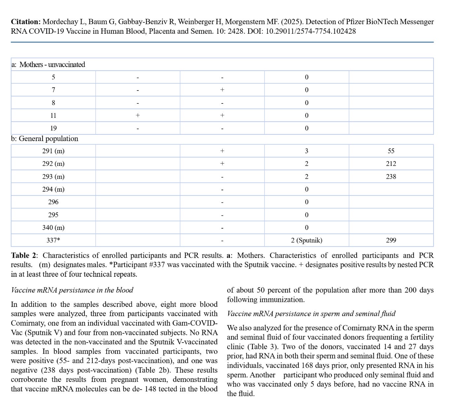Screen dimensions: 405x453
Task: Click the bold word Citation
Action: tap(25, 22)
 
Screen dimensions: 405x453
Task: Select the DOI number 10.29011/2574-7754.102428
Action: tap(310, 31)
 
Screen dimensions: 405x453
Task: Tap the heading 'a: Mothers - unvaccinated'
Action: tap(48, 64)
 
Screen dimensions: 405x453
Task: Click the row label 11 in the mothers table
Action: tap(53, 115)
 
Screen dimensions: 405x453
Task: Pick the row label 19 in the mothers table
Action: tap(53, 128)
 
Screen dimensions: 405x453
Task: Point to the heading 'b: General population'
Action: tap(45, 139)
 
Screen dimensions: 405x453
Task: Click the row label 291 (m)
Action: tap(53, 151)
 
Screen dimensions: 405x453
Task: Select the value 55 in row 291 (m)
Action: tap(391, 151)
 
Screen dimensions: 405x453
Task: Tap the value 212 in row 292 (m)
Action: tap(391, 164)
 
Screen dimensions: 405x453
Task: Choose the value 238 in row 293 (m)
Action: tap(391, 176)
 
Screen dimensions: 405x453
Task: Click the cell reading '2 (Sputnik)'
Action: tap(306, 240)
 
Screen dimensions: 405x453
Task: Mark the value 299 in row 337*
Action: tap(391, 240)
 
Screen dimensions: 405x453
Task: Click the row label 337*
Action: tap(53, 240)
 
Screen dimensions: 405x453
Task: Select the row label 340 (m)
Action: tap(53, 228)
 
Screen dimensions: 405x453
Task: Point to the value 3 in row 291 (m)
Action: tap(306, 151)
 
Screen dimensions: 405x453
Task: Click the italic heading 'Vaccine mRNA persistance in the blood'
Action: tap(72, 290)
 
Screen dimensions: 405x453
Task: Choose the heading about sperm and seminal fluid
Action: tap(311, 313)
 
